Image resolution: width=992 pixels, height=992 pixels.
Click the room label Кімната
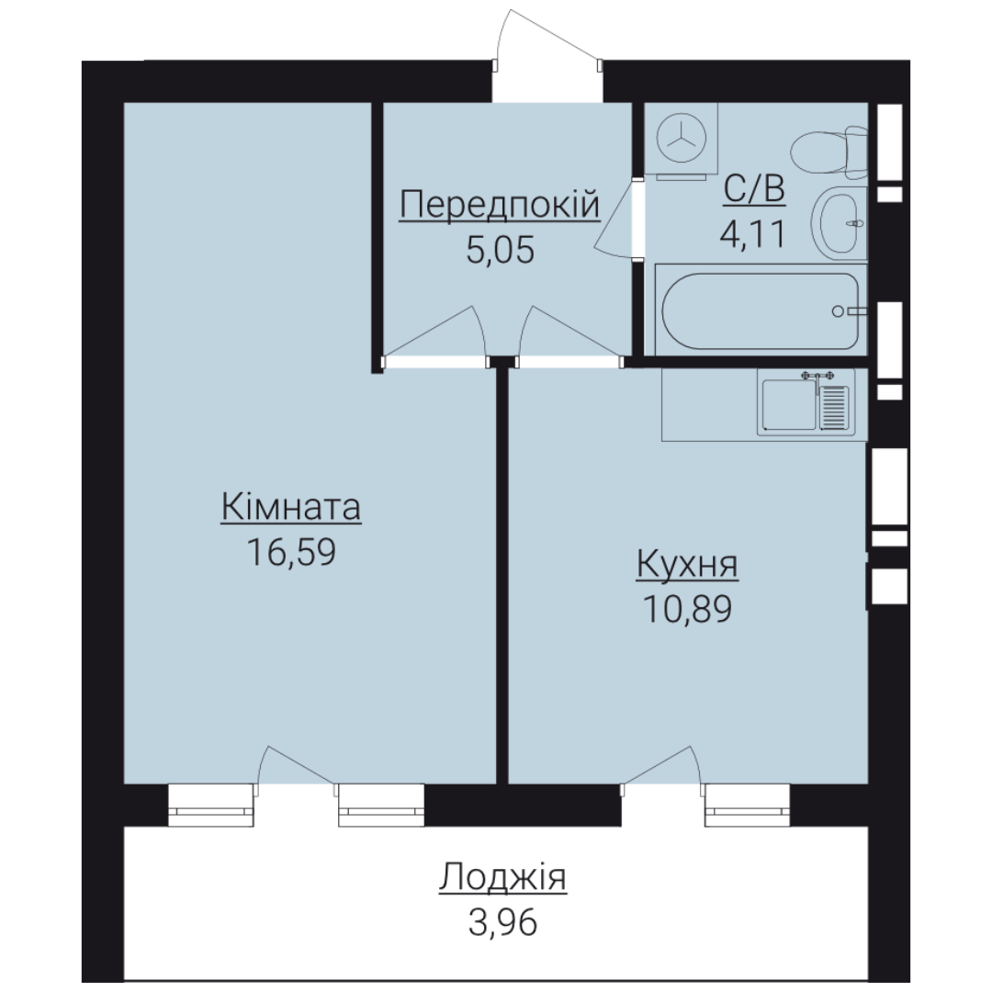(x=291, y=507)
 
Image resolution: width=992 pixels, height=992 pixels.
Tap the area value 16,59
(x=291, y=552)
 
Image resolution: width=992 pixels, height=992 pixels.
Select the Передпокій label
(x=499, y=204)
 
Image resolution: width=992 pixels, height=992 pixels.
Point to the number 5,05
(x=500, y=250)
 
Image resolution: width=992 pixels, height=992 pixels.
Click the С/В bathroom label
(x=754, y=188)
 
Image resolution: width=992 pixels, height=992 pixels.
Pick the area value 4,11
(x=753, y=233)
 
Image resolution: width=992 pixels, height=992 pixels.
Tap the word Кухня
(x=687, y=564)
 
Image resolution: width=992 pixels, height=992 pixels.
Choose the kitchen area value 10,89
(x=688, y=609)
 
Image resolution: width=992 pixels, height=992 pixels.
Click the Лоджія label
(x=503, y=877)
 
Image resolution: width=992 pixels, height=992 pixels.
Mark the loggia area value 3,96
(x=503, y=922)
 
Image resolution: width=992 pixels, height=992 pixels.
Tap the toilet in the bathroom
(x=829, y=152)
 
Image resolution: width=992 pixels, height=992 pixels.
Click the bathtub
(x=761, y=310)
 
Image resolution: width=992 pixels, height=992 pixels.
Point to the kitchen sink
(x=806, y=403)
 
